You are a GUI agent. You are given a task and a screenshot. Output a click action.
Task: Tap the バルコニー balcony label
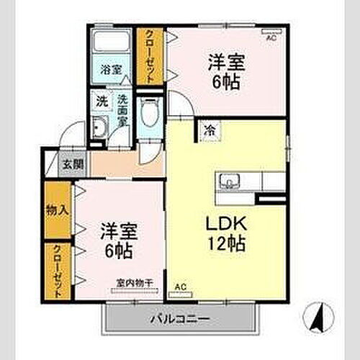click(x=179, y=318)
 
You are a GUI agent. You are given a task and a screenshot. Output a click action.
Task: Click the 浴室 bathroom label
click(x=110, y=70)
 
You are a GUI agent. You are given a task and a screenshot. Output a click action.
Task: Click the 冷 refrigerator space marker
click(x=210, y=130)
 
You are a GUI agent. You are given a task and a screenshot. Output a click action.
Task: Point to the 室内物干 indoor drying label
click(x=133, y=283)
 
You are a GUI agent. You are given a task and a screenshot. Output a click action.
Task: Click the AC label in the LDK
click(x=180, y=287)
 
